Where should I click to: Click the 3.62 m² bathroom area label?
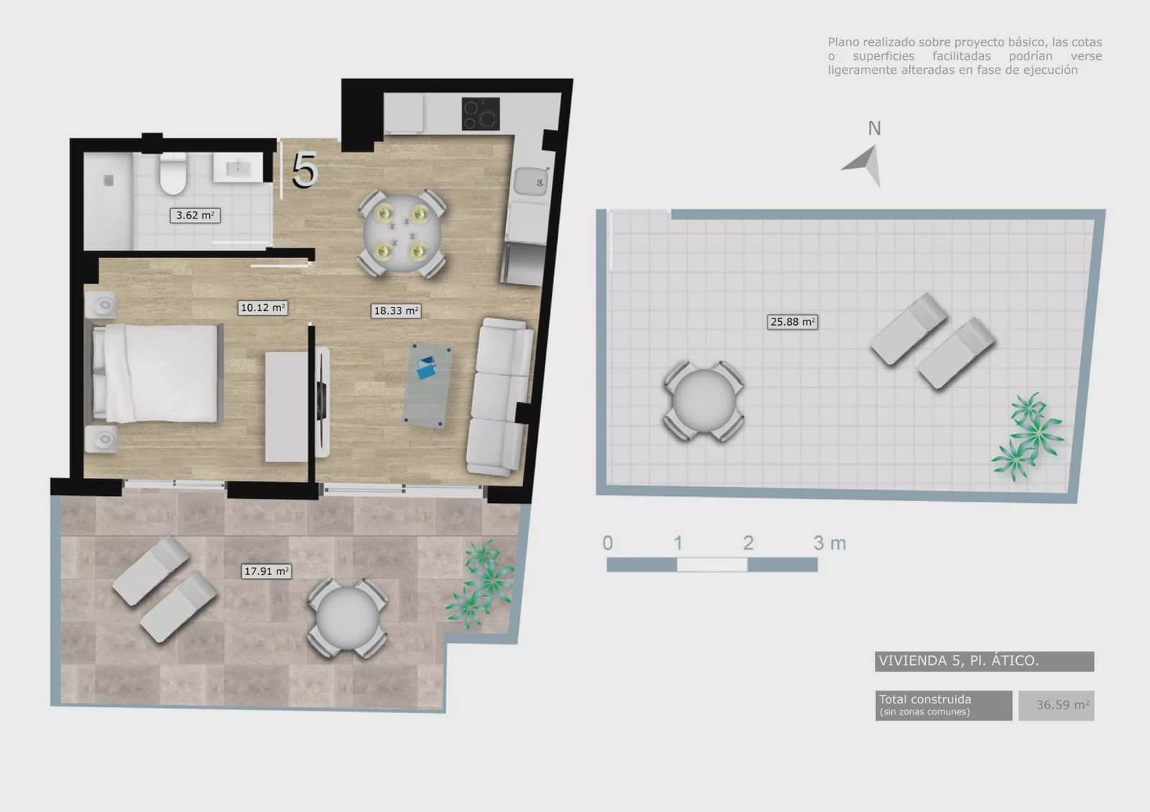195,215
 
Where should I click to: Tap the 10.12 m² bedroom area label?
263,308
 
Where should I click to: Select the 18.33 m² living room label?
396,310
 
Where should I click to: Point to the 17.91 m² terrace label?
267,571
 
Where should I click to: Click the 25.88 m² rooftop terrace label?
792,322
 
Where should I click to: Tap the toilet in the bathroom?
173,174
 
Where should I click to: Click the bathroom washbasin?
238,167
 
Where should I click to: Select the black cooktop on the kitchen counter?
481,114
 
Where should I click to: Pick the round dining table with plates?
402,234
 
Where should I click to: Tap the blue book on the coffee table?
426,367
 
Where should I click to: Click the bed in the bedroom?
157,373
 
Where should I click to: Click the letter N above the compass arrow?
874,129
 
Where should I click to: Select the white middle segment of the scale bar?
712,565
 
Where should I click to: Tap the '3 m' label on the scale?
829,543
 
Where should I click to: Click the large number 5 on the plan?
305,170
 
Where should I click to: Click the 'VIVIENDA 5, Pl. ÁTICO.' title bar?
985,661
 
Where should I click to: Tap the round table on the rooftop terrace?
704,400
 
